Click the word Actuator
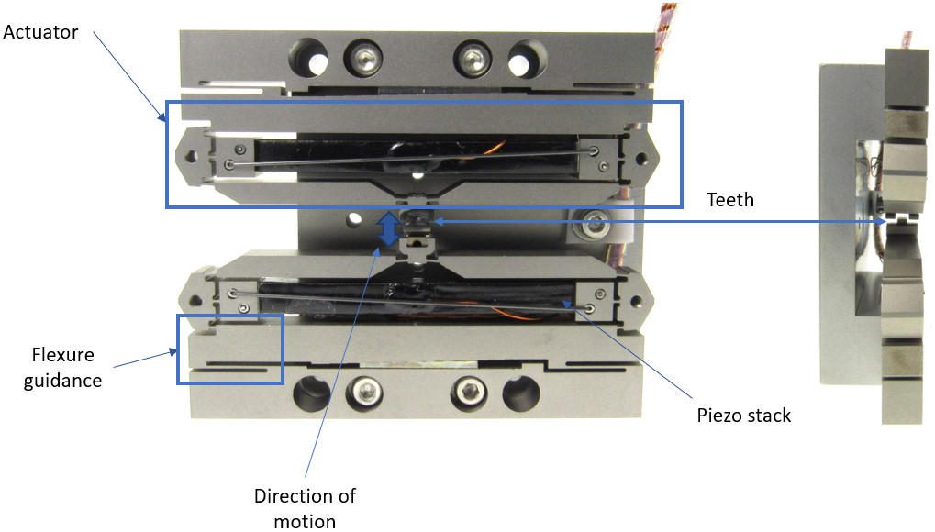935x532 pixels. point(40,32)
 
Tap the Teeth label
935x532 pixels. point(730,199)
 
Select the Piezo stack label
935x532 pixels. point(744,416)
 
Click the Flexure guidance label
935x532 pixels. point(63,367)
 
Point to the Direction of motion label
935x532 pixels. point(305,508)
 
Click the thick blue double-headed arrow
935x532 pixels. point(390,229)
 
